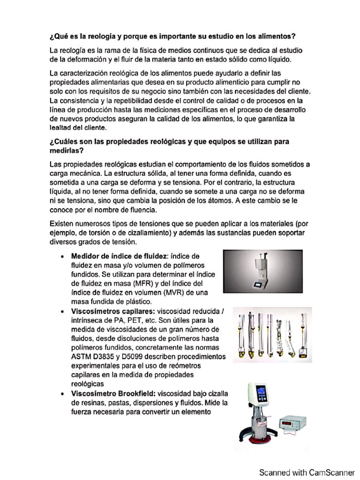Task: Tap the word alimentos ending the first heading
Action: (x=277, y=37)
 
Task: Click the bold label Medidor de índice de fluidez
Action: (x=119, y=256)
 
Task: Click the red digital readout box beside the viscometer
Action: (x=293, y=424)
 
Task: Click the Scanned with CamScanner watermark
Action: (x=307, y=472)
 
